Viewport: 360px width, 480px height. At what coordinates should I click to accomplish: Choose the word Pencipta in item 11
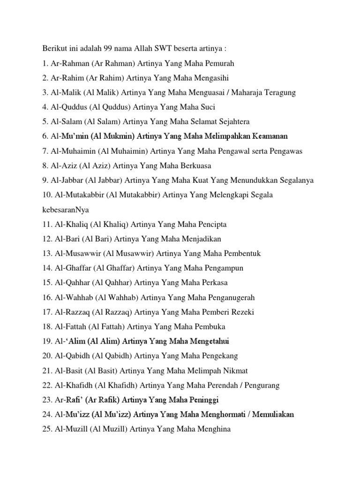click(x=210, y=224)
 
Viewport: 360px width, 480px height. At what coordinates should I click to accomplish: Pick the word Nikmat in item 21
click(x=236, y=370)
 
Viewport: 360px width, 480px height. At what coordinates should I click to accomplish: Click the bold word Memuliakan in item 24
click(x=273, y=414)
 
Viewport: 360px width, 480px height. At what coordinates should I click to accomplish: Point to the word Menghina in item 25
click(x=214, y=429)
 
